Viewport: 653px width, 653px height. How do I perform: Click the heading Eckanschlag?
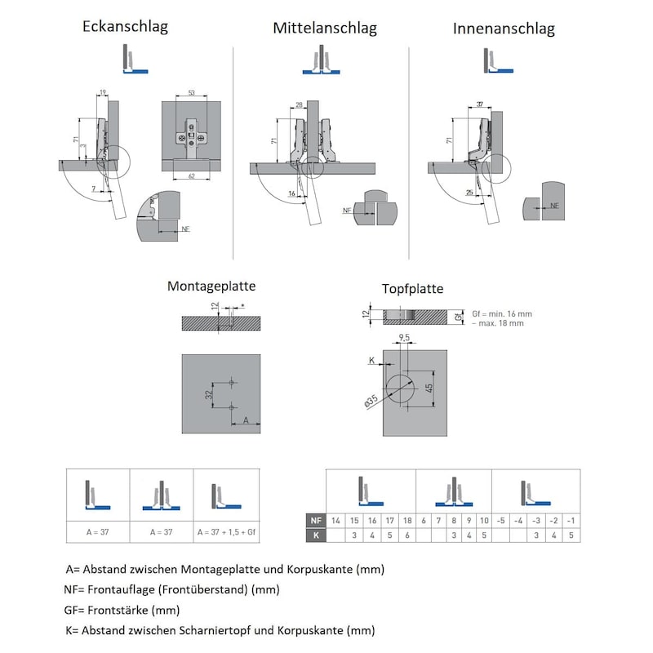coord(125,27)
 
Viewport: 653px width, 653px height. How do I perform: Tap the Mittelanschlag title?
coord(325,29)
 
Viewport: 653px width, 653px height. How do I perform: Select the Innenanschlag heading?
coord(504,29)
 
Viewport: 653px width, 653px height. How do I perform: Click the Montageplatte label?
coord(211,287)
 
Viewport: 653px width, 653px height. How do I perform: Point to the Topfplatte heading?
coord(413,289)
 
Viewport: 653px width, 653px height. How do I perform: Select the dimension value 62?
coord(190,175)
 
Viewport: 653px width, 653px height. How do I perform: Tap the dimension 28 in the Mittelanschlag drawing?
coord(300,104)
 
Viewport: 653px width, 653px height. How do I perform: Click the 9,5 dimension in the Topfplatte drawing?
coord(403,337)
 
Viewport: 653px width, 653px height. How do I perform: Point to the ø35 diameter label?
coord(371,400)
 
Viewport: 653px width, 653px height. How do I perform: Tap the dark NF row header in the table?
coord(314,521)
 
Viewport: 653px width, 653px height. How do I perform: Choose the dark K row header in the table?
coord(314,535)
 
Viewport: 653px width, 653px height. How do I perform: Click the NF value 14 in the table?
coord(335,521)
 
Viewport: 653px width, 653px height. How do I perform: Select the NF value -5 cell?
coord(501,521)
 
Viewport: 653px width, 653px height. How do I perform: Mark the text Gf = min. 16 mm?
coord(502,313)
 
